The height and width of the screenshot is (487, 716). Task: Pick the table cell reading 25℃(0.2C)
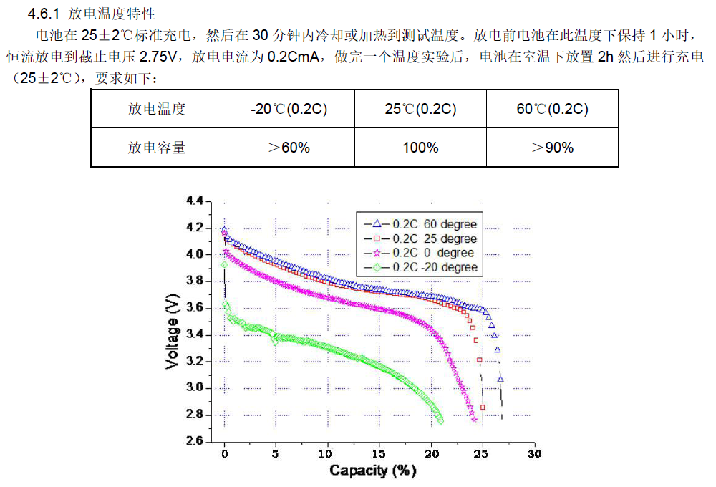point(420,109)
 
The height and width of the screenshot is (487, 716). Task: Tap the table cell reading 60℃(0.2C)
point(552,109)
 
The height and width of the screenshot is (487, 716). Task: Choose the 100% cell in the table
point(420,148)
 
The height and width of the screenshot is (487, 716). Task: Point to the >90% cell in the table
point(552,148)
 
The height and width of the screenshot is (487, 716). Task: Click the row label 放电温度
point(157,109)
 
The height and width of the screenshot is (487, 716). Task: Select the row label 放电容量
point(157,148)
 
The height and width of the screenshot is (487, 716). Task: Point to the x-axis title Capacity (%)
point(372,471)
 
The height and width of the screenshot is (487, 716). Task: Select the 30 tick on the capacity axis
point(534,454)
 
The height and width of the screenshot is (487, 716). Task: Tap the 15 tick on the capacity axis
point(379,454)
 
